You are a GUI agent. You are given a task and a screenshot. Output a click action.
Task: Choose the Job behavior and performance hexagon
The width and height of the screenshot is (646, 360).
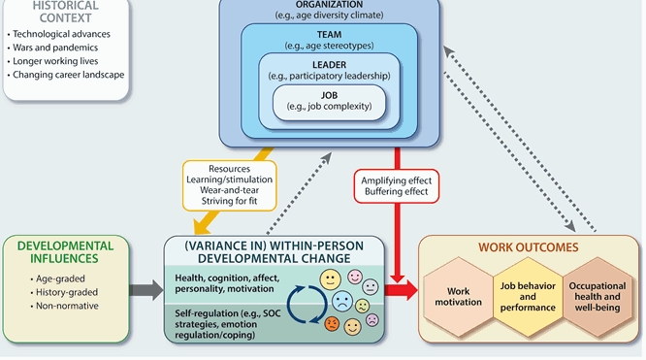click(x=530, y=294)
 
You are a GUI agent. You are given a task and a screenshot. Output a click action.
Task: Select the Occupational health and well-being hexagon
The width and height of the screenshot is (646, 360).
click(x=597, y=294)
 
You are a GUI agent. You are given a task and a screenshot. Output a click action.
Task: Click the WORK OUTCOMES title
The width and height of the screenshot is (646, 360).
click(x=529, y=247)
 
